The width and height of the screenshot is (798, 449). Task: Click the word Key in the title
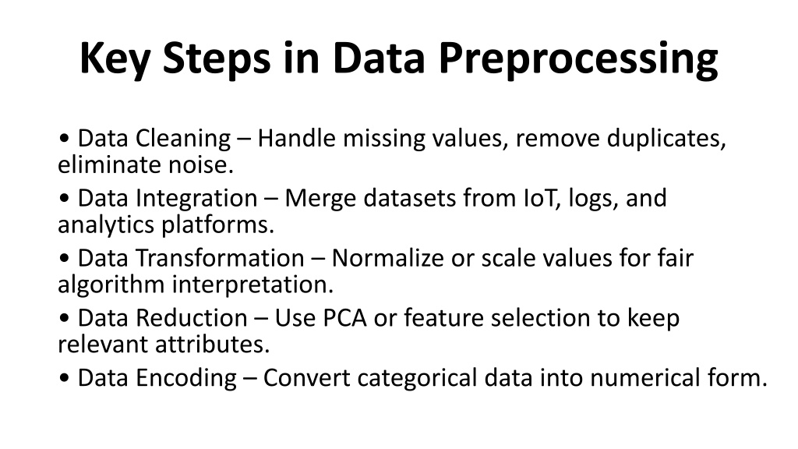(x=115, y=59)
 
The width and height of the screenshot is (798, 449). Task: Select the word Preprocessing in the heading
(x=578, y=59)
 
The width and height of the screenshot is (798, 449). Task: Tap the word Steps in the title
(x=217, y=59)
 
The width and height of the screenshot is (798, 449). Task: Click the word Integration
(x=196, y=199)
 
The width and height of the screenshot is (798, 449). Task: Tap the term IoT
(x=542, y=198)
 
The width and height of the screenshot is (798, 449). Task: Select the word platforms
(x=218, y=225)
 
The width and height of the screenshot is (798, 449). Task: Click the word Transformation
(x=220, y=257)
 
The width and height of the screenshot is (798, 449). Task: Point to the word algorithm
(x=111, y=285)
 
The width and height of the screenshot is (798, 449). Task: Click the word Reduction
(x=192, y=318)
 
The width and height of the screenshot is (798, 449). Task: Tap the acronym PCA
(x=345, y=318)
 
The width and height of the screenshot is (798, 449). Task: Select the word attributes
(x=213, y=344)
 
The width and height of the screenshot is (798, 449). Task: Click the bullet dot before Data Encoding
(x=64, y=378)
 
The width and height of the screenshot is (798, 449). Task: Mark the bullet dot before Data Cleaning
(x=64, y=139)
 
